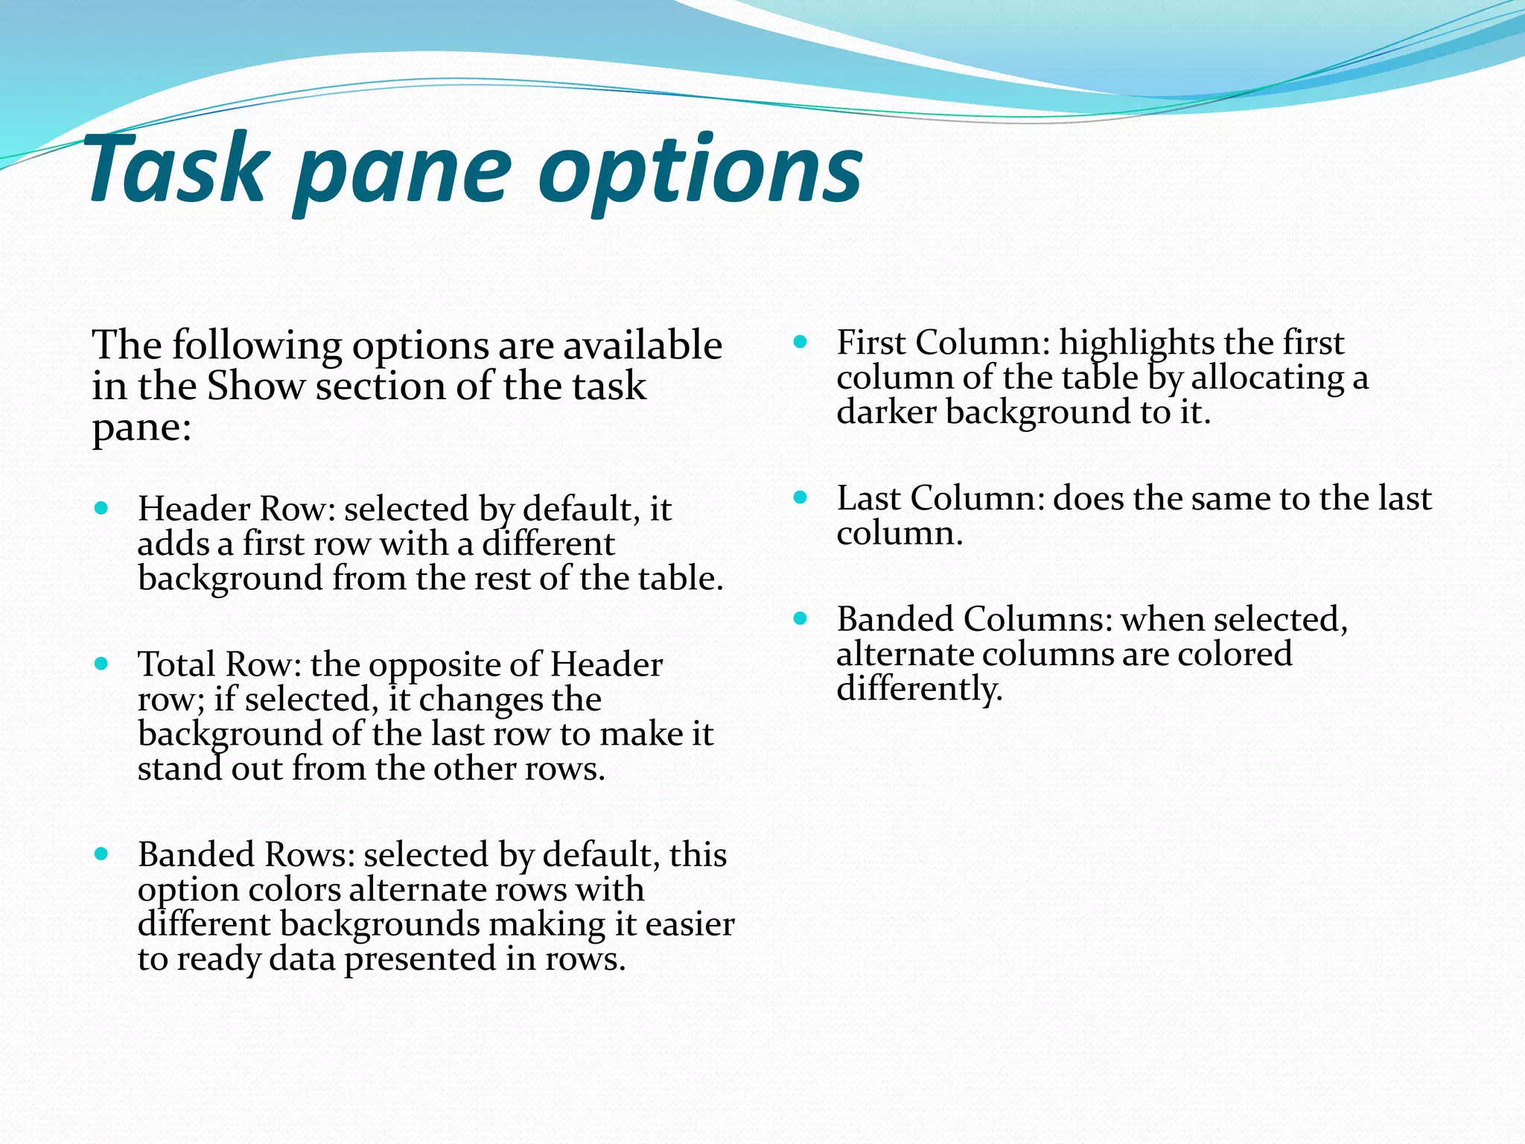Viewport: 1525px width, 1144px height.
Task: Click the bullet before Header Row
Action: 102,509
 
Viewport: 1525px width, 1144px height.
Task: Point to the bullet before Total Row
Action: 102,664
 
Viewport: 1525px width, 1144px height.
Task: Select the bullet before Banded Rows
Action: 102,854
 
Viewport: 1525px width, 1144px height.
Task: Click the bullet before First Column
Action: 800,343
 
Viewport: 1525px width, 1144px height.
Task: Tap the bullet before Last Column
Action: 800,498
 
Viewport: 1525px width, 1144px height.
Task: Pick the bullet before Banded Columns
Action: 800,618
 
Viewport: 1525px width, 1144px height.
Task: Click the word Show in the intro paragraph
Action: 255,387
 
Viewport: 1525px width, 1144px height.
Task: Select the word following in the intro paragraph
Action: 257,346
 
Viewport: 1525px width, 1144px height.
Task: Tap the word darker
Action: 885,412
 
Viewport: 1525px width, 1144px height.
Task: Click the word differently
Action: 920,689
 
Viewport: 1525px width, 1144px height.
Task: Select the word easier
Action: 690,924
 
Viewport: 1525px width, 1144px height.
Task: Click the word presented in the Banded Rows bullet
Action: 420,959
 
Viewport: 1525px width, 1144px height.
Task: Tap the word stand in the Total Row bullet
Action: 179,769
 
